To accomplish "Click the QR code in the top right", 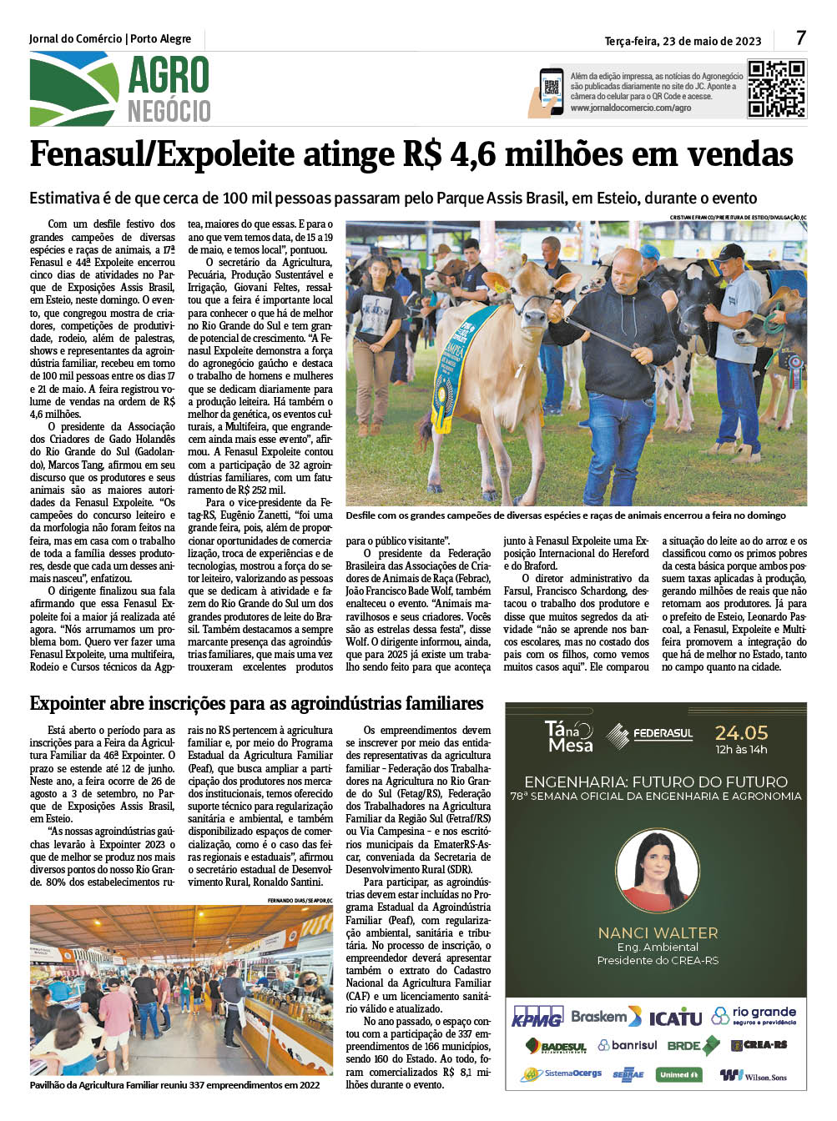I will click(x=776, y=88).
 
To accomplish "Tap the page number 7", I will click(x=801, y=38).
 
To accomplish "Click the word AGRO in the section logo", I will click(x=169, y=76).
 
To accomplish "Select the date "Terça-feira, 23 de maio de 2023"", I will click(x=683, y=41).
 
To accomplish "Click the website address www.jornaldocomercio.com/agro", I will click(x=631, y=108).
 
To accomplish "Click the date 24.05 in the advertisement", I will click(x=741, y=733).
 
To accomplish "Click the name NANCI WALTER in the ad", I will click(x=658, y=932).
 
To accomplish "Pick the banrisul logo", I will click(x=628, y=1045).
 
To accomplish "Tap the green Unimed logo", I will click(x=678, y=1074).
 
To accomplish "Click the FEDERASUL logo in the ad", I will click(x=651, y=735).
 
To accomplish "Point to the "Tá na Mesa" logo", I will click(x=568, y=736).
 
